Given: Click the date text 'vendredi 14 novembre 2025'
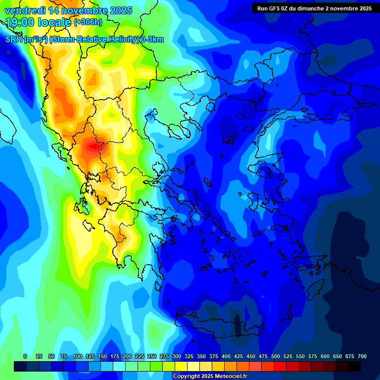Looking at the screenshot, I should [68, 10].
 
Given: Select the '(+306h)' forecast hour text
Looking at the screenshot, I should [88, 22].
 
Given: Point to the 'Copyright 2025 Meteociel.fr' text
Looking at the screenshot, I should [210, 377].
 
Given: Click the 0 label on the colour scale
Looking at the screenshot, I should [25, 357].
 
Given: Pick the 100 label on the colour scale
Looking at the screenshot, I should [78, 357].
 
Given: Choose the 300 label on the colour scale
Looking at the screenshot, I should [177, 357].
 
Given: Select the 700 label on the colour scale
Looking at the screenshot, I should [362, 357].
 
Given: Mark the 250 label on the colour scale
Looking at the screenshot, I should [152, 357].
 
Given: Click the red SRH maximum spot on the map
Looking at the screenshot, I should [93, 146].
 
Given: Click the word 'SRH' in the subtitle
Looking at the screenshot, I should [14, 40].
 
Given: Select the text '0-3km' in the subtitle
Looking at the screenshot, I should [152, 40].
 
